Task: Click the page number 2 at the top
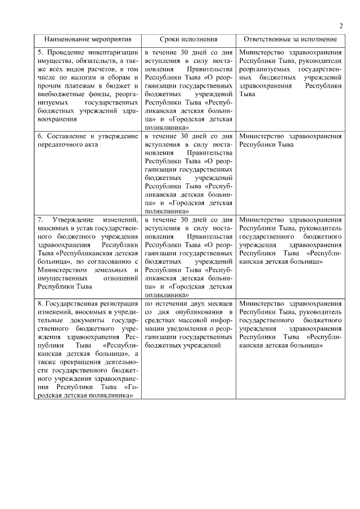(341, 25)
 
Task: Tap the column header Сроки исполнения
(188, 40)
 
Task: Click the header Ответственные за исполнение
(290, 40)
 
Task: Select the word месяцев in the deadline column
(218, 303)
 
